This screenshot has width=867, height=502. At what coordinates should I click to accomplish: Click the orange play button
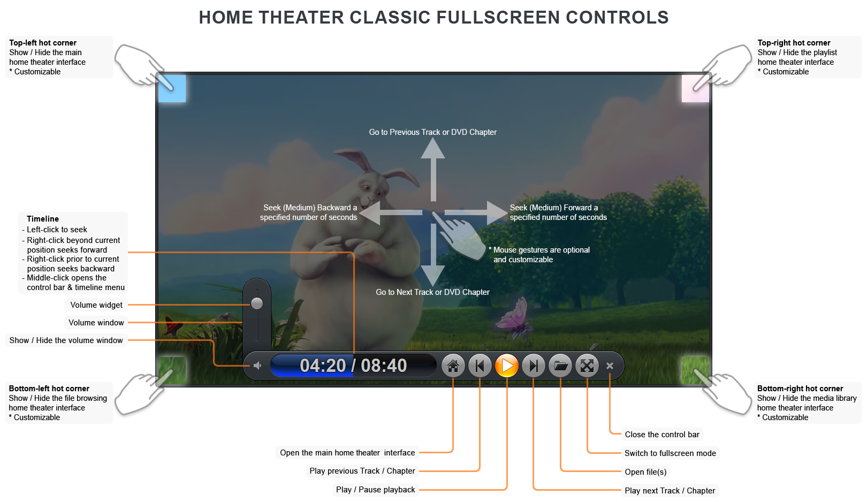coord(506,366)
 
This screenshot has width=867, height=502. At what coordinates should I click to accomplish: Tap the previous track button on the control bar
coord(480,366)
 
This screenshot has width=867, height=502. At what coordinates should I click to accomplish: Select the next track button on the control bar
coord(533,366)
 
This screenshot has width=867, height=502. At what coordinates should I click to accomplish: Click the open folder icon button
coord(560,366)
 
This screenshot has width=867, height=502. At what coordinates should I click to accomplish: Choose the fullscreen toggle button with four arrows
coord(587,366)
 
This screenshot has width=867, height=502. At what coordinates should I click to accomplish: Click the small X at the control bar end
coord(610,366)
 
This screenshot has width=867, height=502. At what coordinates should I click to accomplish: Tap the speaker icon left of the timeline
coord(257,366)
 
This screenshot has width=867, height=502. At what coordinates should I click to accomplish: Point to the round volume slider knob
coord(257,303)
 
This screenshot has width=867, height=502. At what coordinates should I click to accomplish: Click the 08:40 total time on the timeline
coord(384,366)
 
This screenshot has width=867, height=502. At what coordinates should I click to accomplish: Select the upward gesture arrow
coord(433,166)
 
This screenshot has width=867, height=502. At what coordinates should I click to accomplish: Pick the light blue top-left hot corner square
coord(172,88)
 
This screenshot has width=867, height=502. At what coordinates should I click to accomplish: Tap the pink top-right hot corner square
coord(695,88)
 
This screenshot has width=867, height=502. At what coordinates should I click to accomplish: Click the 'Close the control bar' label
coord(662,435)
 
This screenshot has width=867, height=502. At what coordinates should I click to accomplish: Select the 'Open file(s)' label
coord(645,472)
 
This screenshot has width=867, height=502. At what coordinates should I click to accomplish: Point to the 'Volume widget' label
coord(96,305)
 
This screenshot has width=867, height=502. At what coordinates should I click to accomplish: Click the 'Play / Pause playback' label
coord(376,490)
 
